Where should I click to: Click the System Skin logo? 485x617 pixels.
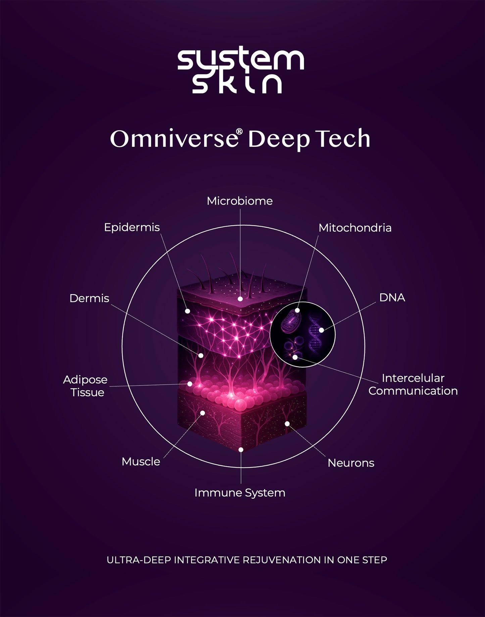241,71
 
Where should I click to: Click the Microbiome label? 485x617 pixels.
240,201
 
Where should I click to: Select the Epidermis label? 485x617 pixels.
132,227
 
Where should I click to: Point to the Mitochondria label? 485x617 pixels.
355,228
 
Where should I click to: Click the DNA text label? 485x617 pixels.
392,297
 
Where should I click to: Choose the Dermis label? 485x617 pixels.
89,298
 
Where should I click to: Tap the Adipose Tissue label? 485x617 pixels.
85,386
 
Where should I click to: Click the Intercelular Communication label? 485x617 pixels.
413,384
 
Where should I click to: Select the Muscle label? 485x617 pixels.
141,462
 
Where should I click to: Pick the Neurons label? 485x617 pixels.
351,463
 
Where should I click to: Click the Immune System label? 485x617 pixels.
240,493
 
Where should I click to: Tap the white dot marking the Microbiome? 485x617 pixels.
240,299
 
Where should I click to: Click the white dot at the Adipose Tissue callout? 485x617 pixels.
190,384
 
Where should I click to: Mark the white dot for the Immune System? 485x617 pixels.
241,450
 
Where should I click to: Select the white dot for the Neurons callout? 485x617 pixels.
287,424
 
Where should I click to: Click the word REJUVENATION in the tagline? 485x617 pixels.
282,560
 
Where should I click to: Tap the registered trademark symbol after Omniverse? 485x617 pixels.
239,131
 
